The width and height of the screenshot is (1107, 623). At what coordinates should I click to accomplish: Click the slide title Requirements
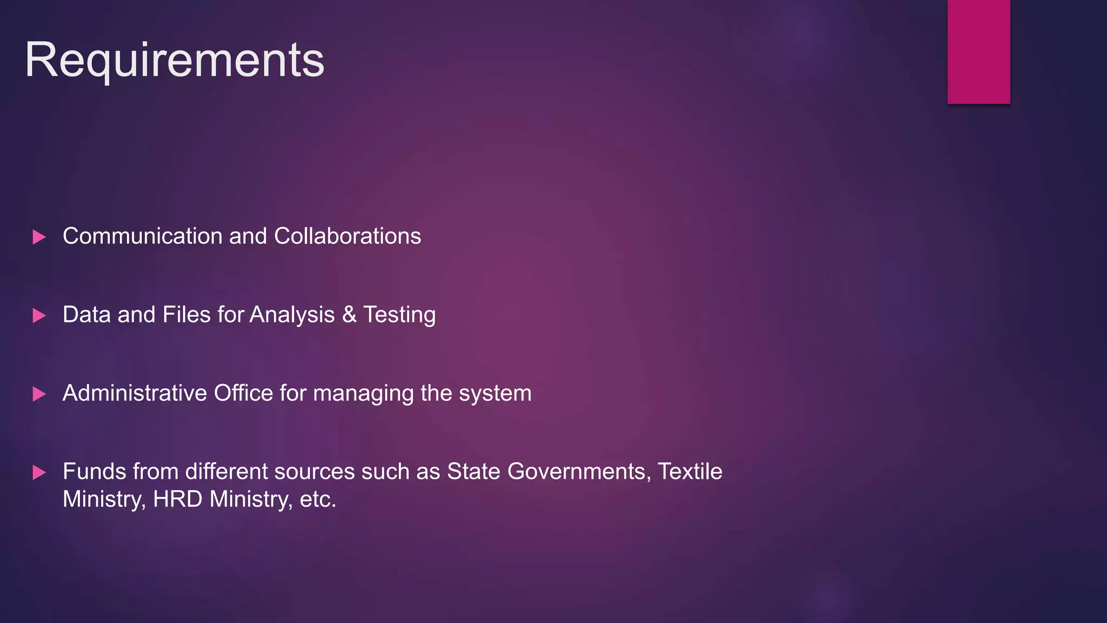point(175,61)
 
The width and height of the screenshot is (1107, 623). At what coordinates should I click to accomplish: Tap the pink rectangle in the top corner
point(978,51)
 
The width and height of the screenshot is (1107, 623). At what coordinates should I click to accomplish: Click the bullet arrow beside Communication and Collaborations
point(39,237)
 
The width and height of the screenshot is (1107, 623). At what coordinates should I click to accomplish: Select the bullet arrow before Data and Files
point(39,315)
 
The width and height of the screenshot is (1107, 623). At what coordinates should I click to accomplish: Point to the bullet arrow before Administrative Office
point(39,394)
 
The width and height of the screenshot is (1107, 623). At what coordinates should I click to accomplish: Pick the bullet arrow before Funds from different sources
point(39,472)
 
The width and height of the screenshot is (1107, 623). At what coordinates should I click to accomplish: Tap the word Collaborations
point(347,236)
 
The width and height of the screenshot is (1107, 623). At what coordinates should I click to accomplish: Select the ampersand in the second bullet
point(349,315)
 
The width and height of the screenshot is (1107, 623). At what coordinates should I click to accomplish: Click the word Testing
point(399,315)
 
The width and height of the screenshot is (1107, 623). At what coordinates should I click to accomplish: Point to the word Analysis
point(292,315)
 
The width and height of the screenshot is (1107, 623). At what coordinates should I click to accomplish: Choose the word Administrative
point(135,393)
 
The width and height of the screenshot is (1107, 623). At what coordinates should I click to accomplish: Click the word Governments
point(579,472)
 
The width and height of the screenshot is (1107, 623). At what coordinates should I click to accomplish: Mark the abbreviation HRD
point(177,499)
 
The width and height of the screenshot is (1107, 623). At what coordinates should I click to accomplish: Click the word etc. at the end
point(318,499)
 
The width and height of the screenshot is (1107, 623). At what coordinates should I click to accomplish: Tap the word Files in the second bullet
point(186,315)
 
